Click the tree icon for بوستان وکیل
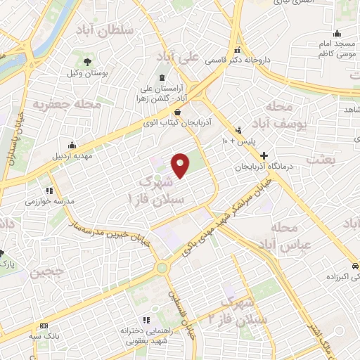87,62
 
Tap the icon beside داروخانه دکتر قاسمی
238,51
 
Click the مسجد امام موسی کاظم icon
337,32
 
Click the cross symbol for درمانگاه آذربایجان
264,155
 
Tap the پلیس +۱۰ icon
239,129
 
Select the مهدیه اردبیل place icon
72,146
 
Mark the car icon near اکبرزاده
355,265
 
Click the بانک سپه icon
45,326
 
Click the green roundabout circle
163,267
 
